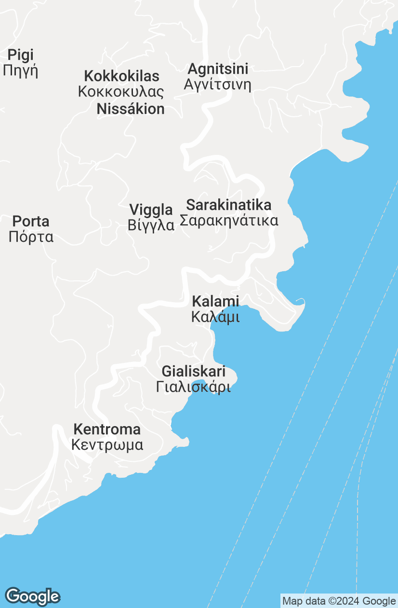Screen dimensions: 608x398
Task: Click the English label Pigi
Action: coord(21,55)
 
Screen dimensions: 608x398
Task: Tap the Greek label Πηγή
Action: coord(20,71)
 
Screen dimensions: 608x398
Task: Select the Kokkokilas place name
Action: coord(121,76)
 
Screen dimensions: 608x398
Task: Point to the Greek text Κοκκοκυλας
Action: coord(121,92)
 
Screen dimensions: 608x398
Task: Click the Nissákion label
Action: coord(131,109)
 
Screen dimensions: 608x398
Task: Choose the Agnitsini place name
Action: coord(218,69)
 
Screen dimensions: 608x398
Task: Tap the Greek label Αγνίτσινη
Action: coord(218,85)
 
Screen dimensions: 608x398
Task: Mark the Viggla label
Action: coord(151,210)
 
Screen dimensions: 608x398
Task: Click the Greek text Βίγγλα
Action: coord(151,225)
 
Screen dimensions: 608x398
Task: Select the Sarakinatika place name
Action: coord(229,205)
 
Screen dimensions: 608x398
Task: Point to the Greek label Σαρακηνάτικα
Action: coord(229,221)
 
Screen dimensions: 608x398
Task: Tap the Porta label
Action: coord(31,221)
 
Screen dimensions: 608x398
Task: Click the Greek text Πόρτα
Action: coord(31,237)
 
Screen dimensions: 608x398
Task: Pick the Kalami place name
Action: coord(215,302)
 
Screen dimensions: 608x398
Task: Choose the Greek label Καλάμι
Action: coord(215,317)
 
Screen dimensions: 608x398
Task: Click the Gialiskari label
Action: coord(194,372)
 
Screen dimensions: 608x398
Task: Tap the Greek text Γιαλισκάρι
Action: coord(194,387)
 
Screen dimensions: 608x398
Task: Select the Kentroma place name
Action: coord(107,429)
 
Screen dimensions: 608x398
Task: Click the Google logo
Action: coord(32,596)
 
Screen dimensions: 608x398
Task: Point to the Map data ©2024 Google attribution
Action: coord(339,601)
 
